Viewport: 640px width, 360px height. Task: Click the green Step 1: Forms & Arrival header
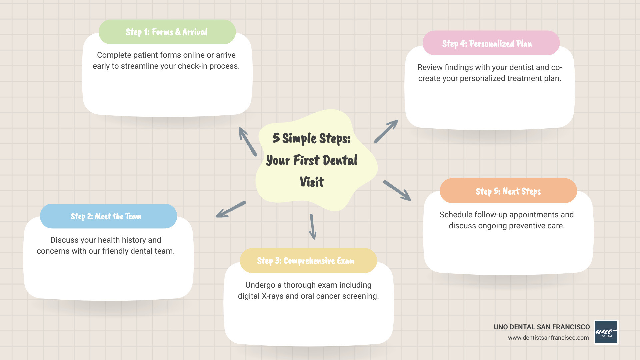tap(167, 32)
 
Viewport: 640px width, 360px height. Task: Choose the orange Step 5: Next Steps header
tap(508, 191)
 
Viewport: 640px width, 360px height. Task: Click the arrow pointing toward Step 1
tap(247, 141)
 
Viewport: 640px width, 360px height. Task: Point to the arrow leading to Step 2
tap(231, 210)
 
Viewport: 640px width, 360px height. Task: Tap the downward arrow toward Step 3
tap(312, 227)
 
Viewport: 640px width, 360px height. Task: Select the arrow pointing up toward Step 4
tap(386, 131)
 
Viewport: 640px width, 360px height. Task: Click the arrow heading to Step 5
tap(397, 190)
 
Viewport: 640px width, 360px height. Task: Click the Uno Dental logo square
tap(606, 332)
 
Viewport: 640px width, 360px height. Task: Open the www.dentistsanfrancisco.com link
tap(548, 338)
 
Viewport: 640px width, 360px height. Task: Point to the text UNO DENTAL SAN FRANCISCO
tap(542, 327)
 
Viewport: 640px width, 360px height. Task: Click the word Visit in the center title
tap(312, 182)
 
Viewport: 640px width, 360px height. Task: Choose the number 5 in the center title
tap(276, 138)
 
